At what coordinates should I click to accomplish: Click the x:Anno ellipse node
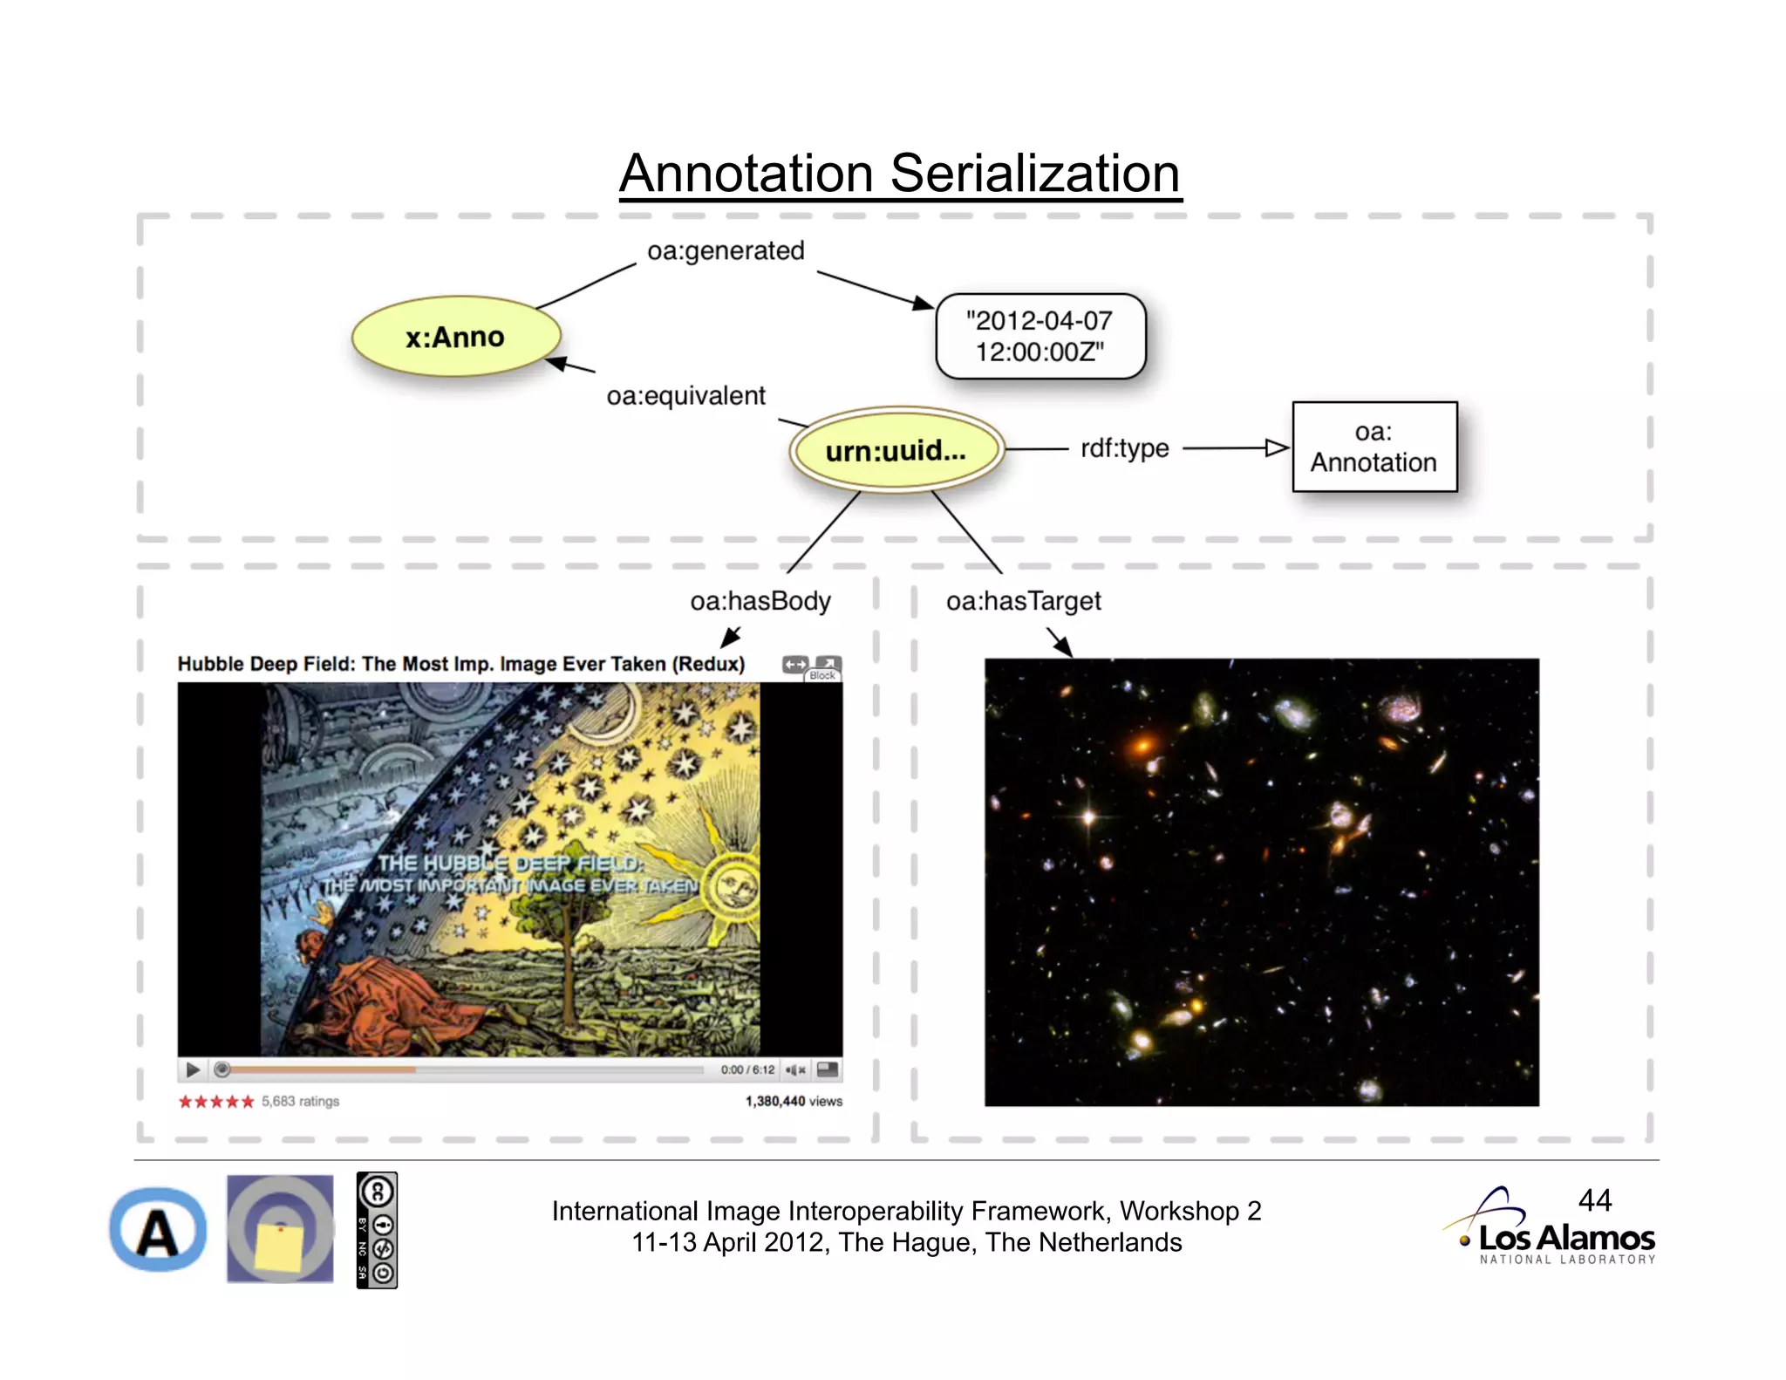[455, 337]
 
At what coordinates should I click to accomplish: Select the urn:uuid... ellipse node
[896, 450]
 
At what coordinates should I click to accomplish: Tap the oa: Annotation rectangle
[1374, 447]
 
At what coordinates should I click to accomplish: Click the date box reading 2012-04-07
[1040, 336]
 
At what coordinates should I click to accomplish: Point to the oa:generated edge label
[726, 251]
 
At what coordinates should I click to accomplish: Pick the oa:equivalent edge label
[685, 396]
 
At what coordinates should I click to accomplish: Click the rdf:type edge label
[1124, 448]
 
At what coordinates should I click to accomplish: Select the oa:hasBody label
[760, 601]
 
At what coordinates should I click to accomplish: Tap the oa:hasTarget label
[1023, 601]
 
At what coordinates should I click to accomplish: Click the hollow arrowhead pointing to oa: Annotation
[1277, 448]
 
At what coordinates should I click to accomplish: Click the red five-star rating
[215, 1102]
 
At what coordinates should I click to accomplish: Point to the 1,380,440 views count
[793, 1102]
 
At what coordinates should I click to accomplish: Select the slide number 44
[1594, 1200]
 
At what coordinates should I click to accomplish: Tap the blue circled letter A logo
[158, 1230]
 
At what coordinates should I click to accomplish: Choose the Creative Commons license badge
[377, 1230]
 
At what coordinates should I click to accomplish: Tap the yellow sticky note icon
[279, 1247]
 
